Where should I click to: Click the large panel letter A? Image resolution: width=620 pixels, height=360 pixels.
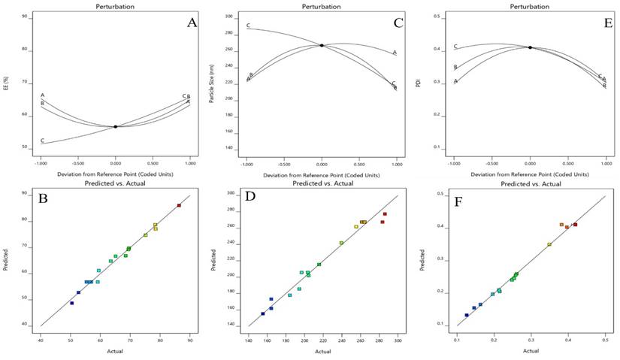point(192,23)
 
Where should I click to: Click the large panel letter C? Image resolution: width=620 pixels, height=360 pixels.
point(399,23)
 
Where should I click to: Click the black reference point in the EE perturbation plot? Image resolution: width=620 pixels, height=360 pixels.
point(116,126)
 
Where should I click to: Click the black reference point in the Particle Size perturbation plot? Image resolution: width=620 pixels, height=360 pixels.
point(322,45)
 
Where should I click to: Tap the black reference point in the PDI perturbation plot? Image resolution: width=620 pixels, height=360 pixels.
point(530,47)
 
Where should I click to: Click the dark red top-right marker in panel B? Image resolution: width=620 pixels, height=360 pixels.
point(179,205)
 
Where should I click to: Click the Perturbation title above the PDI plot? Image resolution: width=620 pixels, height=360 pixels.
point(529,5)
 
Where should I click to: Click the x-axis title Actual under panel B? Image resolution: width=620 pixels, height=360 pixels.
point(115,351)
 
